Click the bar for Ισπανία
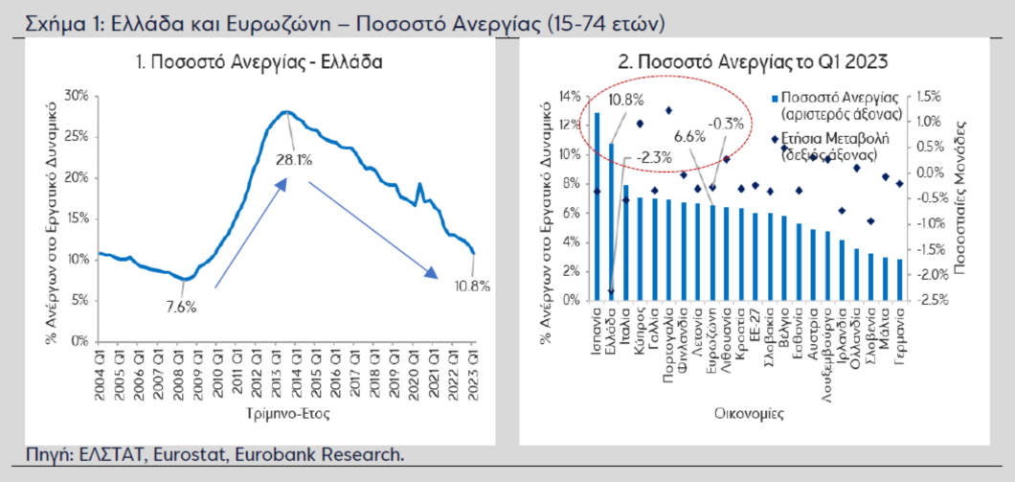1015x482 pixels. coord(598,206)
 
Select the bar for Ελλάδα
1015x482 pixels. coord(612,221)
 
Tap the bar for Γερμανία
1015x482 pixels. coord(900,280)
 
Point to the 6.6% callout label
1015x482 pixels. coord(689,136)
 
